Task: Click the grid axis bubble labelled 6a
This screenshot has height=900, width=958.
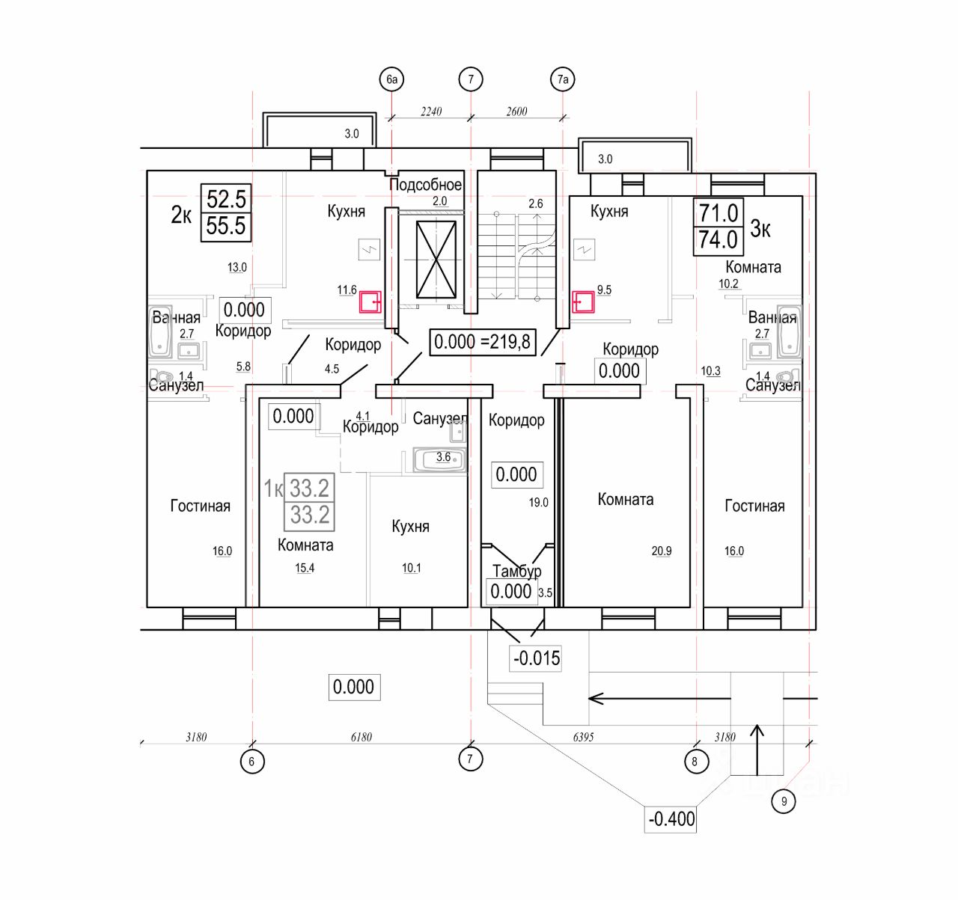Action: [392, 79]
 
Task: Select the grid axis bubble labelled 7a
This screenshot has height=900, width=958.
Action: [563, 79]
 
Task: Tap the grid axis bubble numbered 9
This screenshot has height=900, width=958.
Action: [784, 802]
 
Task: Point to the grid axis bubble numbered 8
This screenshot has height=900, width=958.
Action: [695, 762]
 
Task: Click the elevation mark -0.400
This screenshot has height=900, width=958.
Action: [671, 819]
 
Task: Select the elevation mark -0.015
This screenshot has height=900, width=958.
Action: [536, 658]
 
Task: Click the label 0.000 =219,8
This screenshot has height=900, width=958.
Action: [482, 342]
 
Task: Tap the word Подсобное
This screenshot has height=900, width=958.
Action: [425, 185]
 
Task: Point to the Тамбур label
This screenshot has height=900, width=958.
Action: [516, 571]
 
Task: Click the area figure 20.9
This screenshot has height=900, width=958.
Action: [662, 551]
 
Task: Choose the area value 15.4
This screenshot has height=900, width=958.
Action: [305, 568]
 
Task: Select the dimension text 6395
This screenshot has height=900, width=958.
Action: [583, 737]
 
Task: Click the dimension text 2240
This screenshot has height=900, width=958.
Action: [431, 111]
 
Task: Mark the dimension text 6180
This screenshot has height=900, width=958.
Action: [361, 737]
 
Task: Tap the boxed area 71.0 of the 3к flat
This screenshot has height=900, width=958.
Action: [718, 213]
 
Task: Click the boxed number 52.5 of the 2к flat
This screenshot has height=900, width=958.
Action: [226, 199]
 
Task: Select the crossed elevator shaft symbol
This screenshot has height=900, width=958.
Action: [436, 260]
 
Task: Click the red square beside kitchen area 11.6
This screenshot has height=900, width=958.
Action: [370, 302]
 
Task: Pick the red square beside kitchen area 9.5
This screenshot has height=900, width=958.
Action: [583, 301]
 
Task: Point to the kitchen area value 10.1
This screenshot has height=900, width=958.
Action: [411, 568]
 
